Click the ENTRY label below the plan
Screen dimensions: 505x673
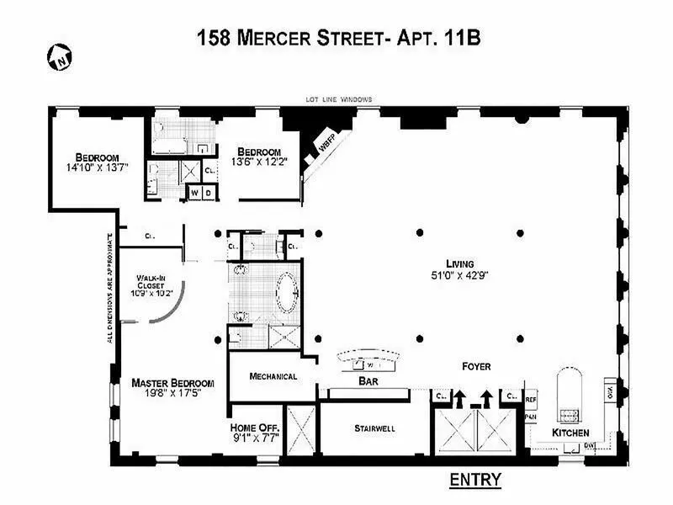tap(474, 480)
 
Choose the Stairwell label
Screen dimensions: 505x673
tap(374, 428)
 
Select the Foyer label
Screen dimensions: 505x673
tap(475, 366)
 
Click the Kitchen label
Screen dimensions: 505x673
tap(570, 433)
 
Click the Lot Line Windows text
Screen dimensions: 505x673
tap(339, 99)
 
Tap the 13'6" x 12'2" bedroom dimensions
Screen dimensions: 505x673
tap(264, 162)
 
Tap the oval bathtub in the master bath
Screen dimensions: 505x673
tap(284, 292)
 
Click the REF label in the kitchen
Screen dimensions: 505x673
tap(531, 400)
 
